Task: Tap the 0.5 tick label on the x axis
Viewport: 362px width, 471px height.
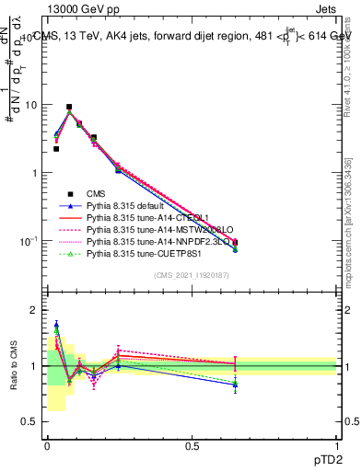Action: pyautogui.click(x=192, y=446)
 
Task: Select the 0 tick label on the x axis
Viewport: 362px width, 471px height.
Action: pyautogui.click(x=47, y=446)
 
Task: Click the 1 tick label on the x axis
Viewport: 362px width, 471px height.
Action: pyautogui.click(x=336, y=446)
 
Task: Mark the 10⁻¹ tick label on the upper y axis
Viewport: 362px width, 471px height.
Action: pyautogui.click(x=29, y=241)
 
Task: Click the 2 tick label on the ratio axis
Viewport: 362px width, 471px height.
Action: pyautogui.click(x=35, y=310)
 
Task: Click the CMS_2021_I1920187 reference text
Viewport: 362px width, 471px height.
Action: pyautogui.click(x=192, y=276)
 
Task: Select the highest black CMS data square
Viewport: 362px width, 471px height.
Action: pyautogui.click(x=69, y=107)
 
